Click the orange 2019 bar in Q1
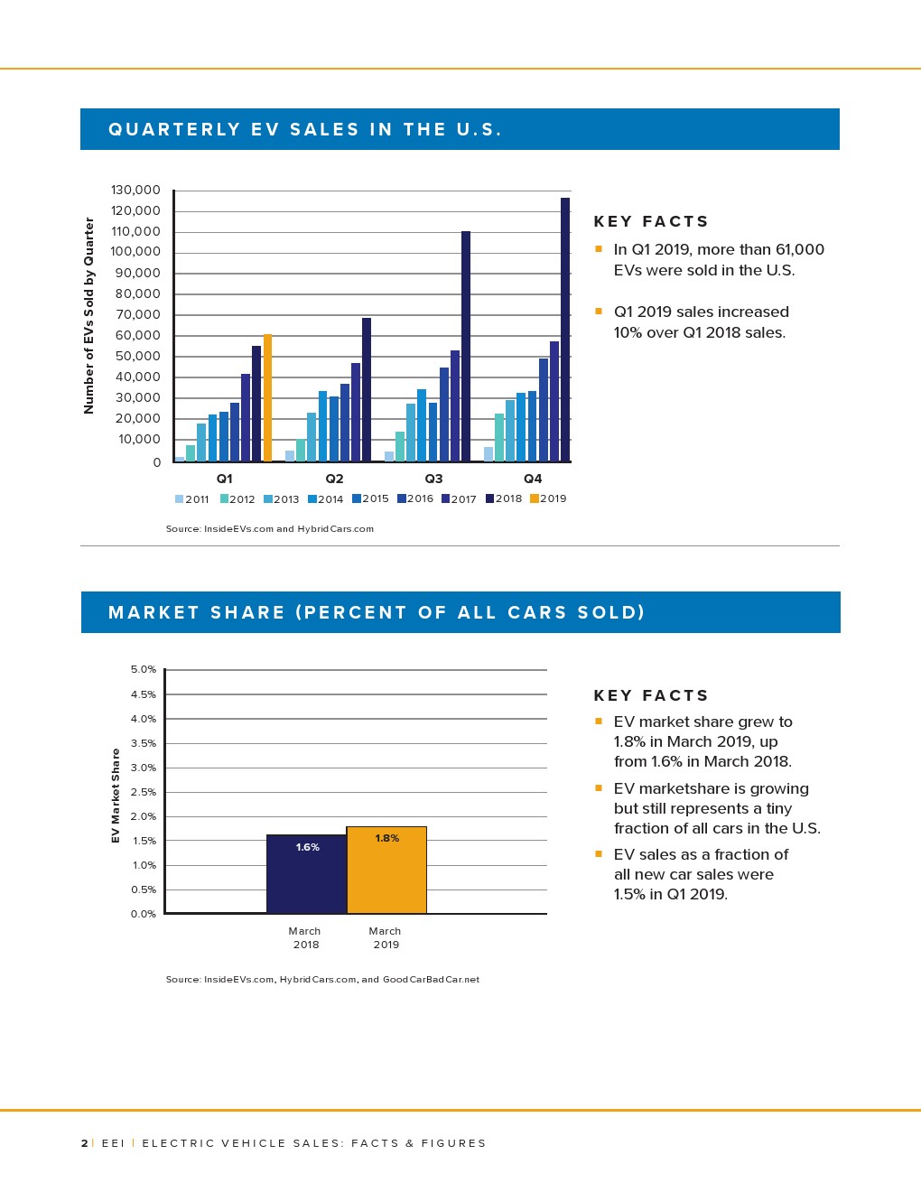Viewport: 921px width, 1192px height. [267, 397]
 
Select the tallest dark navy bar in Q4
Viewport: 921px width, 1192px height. [565, 330]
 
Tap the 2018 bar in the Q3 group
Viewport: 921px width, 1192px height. [466, 346]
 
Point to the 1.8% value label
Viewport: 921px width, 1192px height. [386, 838]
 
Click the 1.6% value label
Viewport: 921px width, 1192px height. [307, 847]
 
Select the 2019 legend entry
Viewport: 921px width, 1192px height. [548, 498]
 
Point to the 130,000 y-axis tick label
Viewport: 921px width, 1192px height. [135, 190]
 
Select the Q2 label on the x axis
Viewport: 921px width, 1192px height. [334, 479]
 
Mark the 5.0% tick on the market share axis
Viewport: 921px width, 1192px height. [144, 669]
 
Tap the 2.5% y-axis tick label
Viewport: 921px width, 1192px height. [144, 792]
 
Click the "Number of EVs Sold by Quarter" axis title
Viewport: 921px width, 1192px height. [88, 315]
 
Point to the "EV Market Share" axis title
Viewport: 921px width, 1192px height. [116, 796]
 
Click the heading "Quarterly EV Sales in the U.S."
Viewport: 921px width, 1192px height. [304, 129]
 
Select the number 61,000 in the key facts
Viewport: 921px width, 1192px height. [799, 249]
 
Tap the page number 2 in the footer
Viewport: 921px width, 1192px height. [84, 1143]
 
